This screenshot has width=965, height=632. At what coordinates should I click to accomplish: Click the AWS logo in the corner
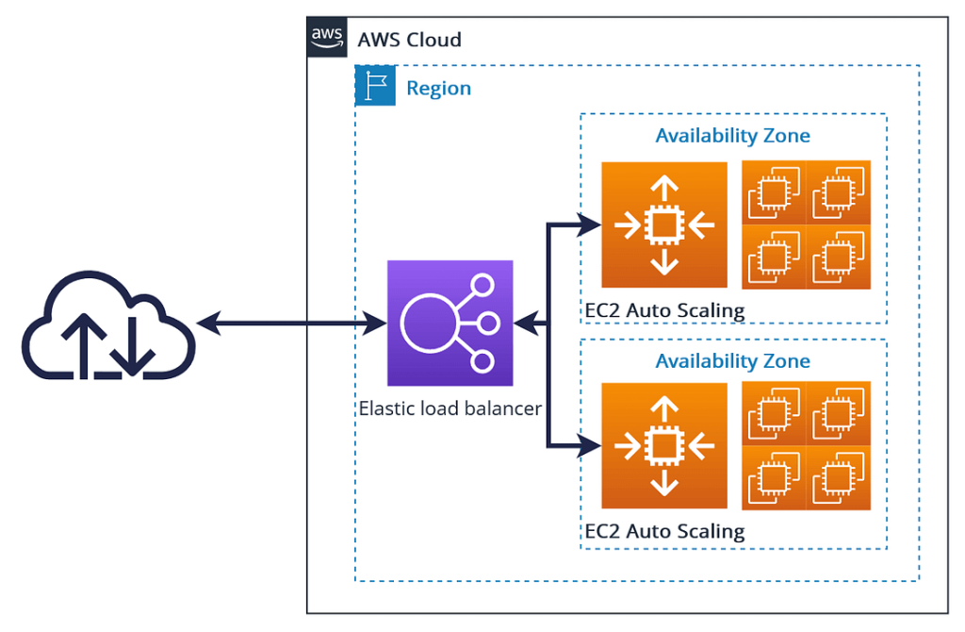(x=327, y=37)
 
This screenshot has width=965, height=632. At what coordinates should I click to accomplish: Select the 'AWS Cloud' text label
(x=409, y=40)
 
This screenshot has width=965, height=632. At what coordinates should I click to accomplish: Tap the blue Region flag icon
(x=375, y=86)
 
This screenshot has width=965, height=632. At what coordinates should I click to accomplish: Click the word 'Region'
(x=438, y=89)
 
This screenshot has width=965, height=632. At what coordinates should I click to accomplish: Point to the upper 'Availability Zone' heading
(x=732, y=136)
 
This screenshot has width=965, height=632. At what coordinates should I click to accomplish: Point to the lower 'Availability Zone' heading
(x=732, y=361)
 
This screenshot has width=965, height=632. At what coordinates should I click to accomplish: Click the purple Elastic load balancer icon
(x=450, y=324)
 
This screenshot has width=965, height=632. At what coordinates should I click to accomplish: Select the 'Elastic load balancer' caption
(x=450, y=408)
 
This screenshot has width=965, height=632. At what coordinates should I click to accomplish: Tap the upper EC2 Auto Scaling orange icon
(x=664, y=225)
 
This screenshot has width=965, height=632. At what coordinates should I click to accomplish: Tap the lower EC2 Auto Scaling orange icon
(x=664, y=445)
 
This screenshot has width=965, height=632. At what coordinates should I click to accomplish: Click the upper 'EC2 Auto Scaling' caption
(x=664, y=309)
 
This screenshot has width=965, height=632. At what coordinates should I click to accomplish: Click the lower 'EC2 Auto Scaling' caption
(x=664, y=531)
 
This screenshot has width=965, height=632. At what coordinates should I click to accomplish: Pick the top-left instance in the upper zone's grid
(x=774, y=192)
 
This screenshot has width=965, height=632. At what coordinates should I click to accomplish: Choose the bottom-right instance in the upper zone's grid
(x=838, y=257)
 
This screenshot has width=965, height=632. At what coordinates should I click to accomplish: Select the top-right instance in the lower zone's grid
(x=838, y=413)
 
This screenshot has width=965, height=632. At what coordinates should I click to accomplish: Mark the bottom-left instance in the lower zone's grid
(x=774, y=477)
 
